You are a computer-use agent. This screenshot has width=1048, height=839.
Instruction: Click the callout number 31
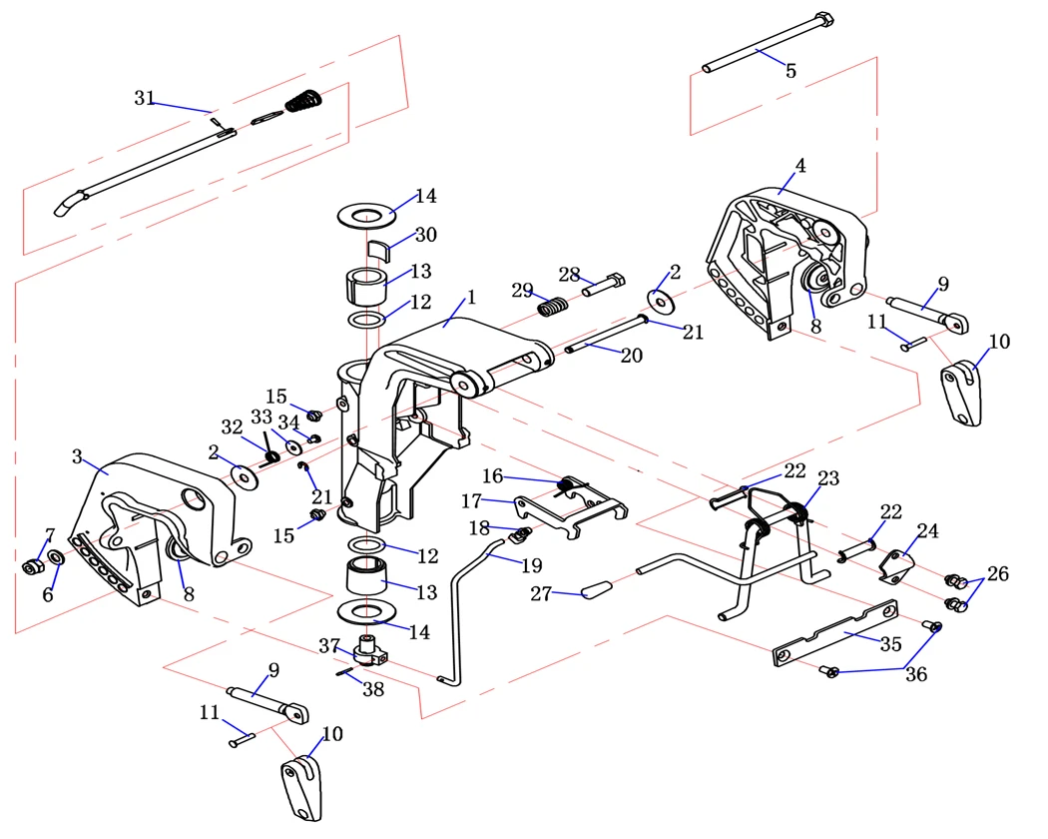point(145,98)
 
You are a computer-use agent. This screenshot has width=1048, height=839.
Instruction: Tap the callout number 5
point(790,71)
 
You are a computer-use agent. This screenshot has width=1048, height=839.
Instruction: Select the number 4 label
point(800,166)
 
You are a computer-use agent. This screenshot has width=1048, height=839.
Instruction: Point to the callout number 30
point(425,235)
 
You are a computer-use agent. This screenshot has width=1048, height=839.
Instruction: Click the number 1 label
point(471,297)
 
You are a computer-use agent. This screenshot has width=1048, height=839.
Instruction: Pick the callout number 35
point(891,644)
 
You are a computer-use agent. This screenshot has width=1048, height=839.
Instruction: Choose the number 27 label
point(541,593)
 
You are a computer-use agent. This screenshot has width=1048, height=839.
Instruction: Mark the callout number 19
point(530,565)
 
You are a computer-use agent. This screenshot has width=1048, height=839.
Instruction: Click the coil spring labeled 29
point(552,306)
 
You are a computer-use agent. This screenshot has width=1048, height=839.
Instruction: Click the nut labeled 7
point(30,567)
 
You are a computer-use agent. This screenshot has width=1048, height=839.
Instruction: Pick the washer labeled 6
point(56,556)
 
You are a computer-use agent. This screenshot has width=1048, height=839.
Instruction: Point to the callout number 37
point(329,646)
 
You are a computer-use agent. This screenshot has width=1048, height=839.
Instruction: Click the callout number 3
point(77,457)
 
